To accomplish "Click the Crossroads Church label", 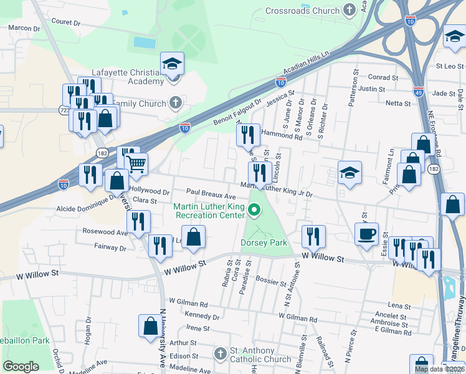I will point(303,11).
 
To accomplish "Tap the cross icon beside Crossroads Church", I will point(350,10).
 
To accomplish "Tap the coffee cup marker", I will point(366,234).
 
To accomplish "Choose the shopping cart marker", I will point(136,165).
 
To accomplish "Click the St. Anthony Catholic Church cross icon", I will point(220,354).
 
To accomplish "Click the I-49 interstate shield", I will point(418,90).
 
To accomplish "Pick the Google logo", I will point(21,367).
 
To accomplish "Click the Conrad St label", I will point(383,77).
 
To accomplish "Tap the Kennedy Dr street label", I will point(199,317).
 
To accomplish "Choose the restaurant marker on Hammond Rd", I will point(248,134).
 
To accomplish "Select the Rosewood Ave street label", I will point(105,231).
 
